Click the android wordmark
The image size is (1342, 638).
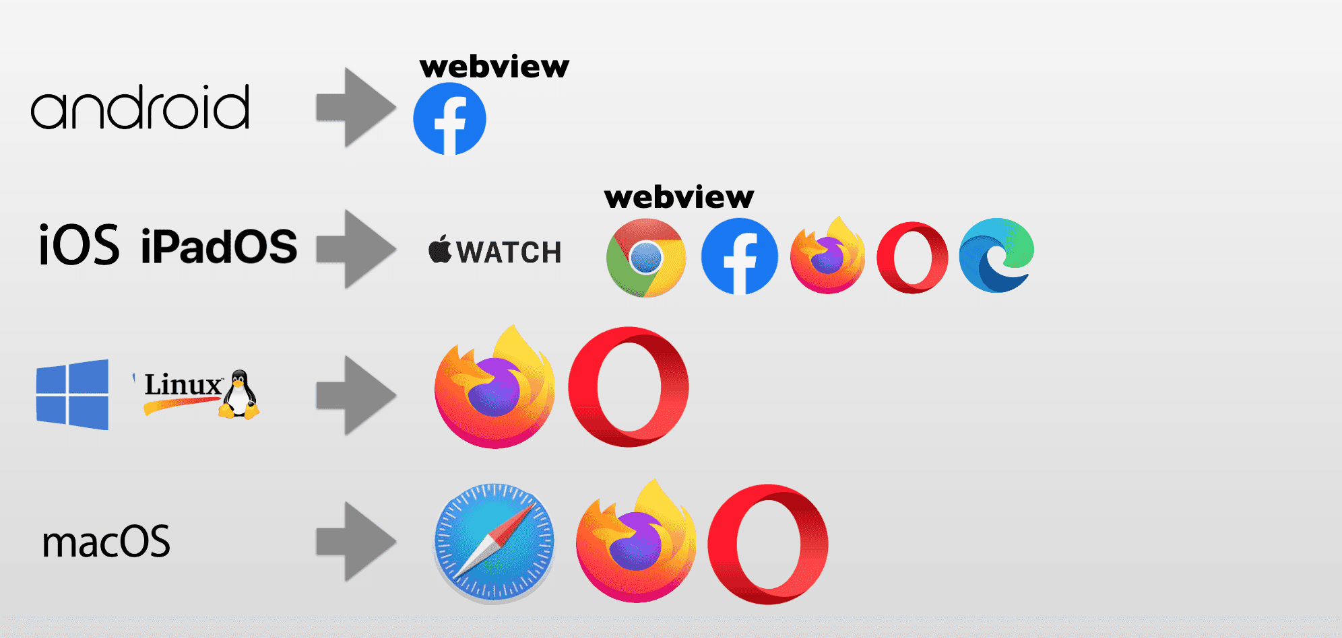click(x=140, y=108)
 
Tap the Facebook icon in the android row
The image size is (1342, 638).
click(x=449, y=119)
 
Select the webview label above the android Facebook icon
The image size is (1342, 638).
click(x=494, y=67)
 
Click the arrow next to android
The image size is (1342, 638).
click(x=356, y=107)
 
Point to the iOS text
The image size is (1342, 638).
click(x=79, y=245)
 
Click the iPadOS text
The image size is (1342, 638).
click(x=219, y=246)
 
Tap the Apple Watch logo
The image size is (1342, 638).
click(x=494, y=251)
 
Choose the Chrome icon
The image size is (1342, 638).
click(x=646, y=258)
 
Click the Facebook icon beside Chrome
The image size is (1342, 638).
click(x=740, y=256)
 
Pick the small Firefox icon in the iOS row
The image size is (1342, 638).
click(x=828, y=256)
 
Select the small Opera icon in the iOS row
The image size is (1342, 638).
click(x=912, y=257)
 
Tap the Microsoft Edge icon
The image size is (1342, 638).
click(x=996, y=255)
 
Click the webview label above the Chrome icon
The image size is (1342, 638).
click(x=679, y=197)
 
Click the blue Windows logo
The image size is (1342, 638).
click(x=72, y=394)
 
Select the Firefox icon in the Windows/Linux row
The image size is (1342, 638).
click(x=495, y=388)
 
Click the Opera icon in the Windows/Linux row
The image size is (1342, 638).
click(x=629, y=387)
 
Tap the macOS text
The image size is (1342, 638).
click(x=106, y=542)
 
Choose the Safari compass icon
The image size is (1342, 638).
click(x=494, y=542)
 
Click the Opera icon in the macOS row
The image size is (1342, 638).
click(x=768, y=544)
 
